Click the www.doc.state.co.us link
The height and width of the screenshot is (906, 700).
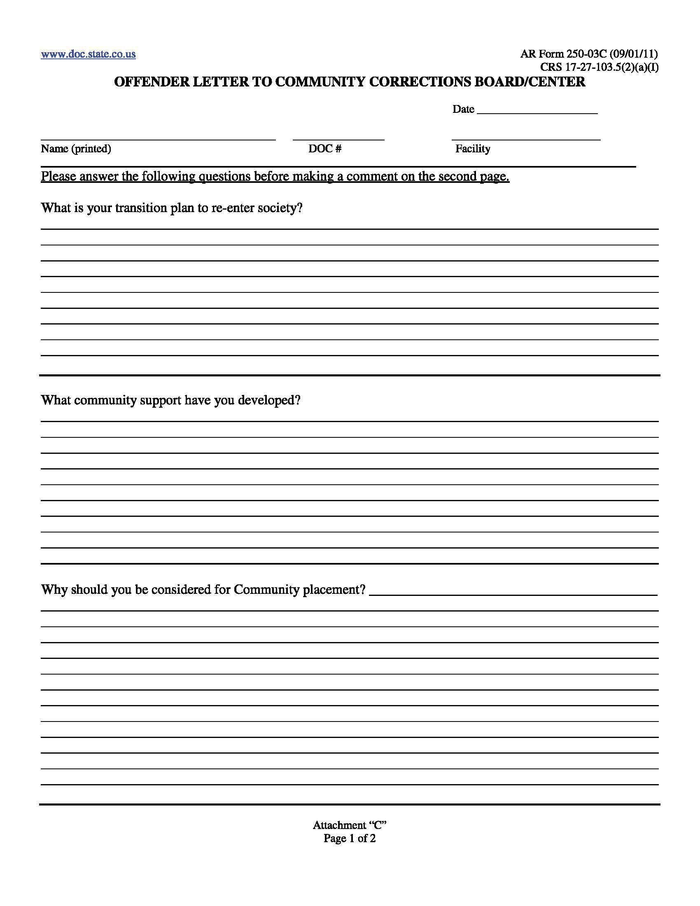88,54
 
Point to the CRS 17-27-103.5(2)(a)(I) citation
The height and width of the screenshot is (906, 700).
599,67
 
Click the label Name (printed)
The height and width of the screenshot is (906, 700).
76,149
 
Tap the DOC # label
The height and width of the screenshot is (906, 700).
325,149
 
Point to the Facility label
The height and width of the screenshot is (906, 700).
473,149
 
